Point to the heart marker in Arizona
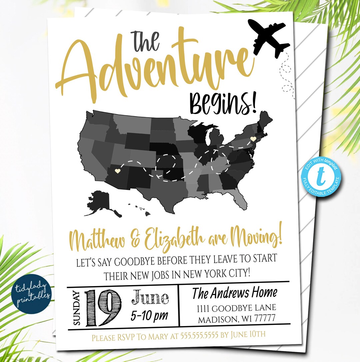point(117,171)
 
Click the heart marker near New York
point(253,138)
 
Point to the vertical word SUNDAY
point(76,308)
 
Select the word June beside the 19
point(150,297)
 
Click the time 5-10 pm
point(149,315)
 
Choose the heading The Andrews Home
point(235,293)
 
